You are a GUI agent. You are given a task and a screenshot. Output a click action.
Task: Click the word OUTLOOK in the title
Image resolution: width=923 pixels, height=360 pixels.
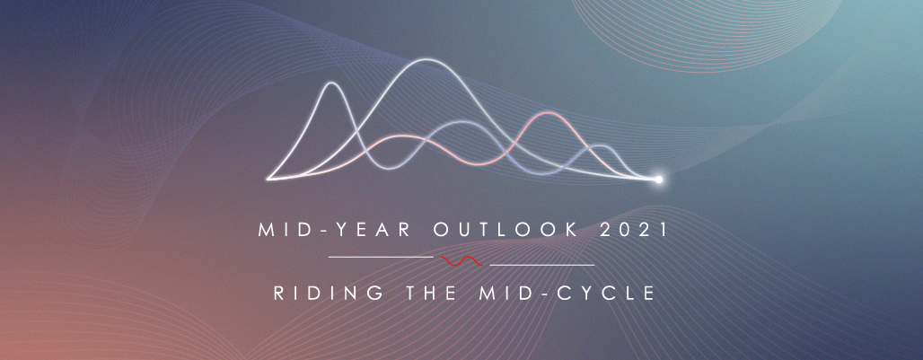click(505, 230)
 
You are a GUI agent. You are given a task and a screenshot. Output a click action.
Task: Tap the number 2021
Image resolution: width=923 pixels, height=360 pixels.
click(633, 230)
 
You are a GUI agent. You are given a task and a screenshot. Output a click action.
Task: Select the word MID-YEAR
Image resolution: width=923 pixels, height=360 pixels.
click(335, 230)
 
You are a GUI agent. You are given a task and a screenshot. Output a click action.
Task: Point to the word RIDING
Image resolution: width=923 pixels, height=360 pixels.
click(329, 293)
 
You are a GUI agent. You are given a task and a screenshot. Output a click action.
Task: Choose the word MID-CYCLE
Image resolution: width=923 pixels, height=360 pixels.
click(567, 293)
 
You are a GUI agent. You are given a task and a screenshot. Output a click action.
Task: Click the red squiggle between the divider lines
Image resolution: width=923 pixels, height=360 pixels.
click(461, 261)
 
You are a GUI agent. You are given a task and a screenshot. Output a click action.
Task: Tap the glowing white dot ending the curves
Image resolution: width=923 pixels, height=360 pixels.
click(659, 180)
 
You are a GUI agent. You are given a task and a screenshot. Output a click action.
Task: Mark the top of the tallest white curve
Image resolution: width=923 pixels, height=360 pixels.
click(419, 59)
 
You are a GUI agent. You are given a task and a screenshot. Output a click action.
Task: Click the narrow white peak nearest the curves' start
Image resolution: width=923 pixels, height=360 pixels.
click(332, 83)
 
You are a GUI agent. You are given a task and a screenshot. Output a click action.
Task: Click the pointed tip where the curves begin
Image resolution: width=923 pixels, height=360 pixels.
click(268, 179)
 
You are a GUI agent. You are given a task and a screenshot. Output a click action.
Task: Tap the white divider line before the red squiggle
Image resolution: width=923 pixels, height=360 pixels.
click(381, 257)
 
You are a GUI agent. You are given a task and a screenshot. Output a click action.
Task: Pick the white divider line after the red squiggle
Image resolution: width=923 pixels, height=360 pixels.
click(542, 266)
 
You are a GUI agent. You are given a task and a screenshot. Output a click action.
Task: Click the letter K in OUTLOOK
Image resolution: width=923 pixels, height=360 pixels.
click(572, 230)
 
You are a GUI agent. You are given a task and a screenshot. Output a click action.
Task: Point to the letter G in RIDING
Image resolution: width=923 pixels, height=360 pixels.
click(377, 293)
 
